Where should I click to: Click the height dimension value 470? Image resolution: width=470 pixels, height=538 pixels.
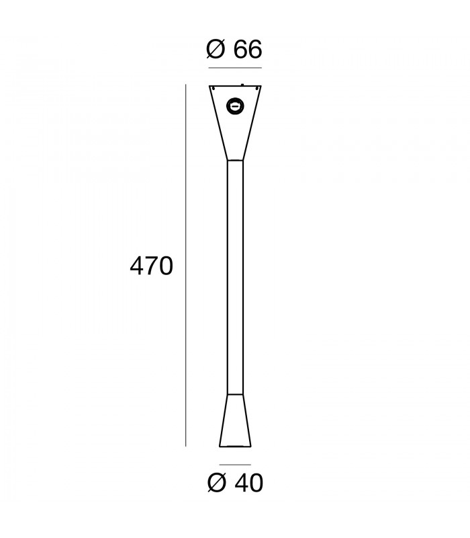pos(151,266)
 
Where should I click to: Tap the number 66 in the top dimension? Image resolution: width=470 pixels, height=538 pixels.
pos(247,50)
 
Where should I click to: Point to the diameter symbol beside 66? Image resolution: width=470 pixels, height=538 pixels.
pos(216,50)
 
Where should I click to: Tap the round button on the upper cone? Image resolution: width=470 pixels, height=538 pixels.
pos(235,105)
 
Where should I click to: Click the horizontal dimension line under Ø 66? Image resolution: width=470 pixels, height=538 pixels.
pos(235,68)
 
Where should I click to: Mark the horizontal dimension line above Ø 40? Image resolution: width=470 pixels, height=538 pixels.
pos(235,465)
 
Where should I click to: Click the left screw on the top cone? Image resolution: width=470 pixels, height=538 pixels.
pos(213,87)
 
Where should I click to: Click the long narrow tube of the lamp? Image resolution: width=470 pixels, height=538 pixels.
pos(235,276)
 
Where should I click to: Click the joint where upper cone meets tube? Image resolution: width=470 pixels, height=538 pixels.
pos(235,160)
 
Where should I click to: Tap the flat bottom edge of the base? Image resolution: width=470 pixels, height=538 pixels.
pos(235,446)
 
